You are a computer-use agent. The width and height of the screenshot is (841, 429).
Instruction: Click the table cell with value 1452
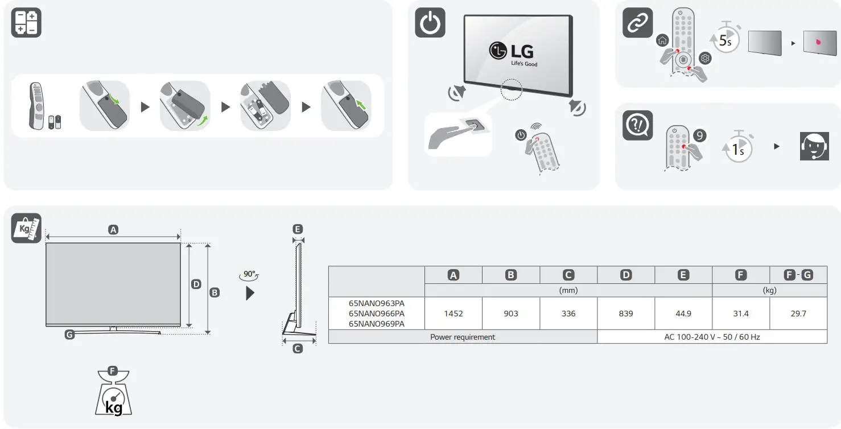click(x=454, y=313)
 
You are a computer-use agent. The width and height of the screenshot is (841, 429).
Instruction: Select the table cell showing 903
click(x=511, y=313)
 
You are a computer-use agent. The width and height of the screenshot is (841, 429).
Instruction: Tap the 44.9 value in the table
click(x=683, y=313)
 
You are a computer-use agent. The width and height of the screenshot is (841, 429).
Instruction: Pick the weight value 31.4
click(x=741, y=313)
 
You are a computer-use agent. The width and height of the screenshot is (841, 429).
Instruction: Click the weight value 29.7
click(x=798, y=313)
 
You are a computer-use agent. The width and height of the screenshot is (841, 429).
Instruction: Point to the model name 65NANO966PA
click(x=377, y=313)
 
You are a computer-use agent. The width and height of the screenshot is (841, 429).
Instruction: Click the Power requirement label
click(x=463, y=337)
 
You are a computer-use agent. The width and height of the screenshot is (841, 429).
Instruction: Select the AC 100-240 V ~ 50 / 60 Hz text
click(x=712, y=337)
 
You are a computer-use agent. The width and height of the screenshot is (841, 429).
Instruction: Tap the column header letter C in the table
click(x=568, y=275)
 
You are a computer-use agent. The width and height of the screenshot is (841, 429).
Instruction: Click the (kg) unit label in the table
click(x=769, y=290)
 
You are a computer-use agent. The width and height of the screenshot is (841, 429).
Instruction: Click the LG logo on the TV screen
click(x=512, y=51)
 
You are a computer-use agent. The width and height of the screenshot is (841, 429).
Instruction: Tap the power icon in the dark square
click(x=430, y=23)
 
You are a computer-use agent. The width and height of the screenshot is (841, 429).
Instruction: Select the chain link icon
click(x=637, y=23)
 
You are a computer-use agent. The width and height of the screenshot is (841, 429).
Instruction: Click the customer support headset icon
click(x=814, y=146)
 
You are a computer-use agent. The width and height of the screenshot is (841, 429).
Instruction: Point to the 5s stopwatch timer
click(x=726, y=39)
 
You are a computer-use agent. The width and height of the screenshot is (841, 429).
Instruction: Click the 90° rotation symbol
click(x=250, y=274)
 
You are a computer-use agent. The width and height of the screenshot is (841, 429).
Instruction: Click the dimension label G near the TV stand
click(x=69, y=335)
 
